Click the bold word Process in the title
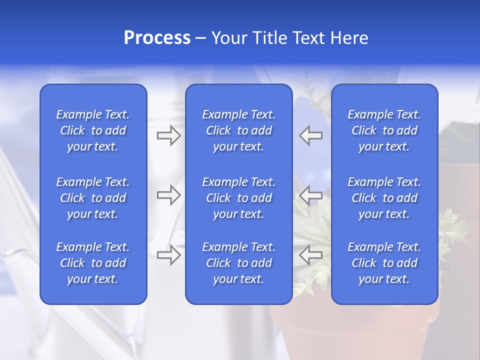157,38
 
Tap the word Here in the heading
349,38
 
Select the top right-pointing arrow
169,135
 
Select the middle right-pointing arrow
169,195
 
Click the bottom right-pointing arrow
169,255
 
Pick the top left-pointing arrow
310,135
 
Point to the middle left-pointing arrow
310,195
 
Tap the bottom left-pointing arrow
310,255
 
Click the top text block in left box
93,130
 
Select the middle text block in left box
93,198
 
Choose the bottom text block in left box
93,263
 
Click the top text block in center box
238,130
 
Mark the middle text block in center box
238,198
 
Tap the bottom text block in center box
238,263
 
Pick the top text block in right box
384,130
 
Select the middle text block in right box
384,198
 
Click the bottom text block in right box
384,263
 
